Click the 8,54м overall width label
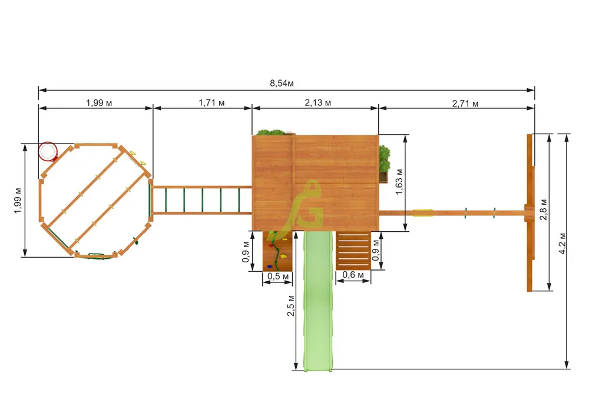[x=282, y=84]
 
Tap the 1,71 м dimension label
[x=211, y=103]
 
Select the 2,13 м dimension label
[x=318, y=103]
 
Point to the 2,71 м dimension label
[x=465, y=104]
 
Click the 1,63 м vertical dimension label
[x=399, y=182]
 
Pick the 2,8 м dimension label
[x=543, y=209]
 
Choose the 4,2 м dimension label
[x=562, y=244]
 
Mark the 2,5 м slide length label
[x=291, y=306]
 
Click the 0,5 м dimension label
[x=278, y=276]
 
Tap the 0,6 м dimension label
[x=353, y=275]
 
